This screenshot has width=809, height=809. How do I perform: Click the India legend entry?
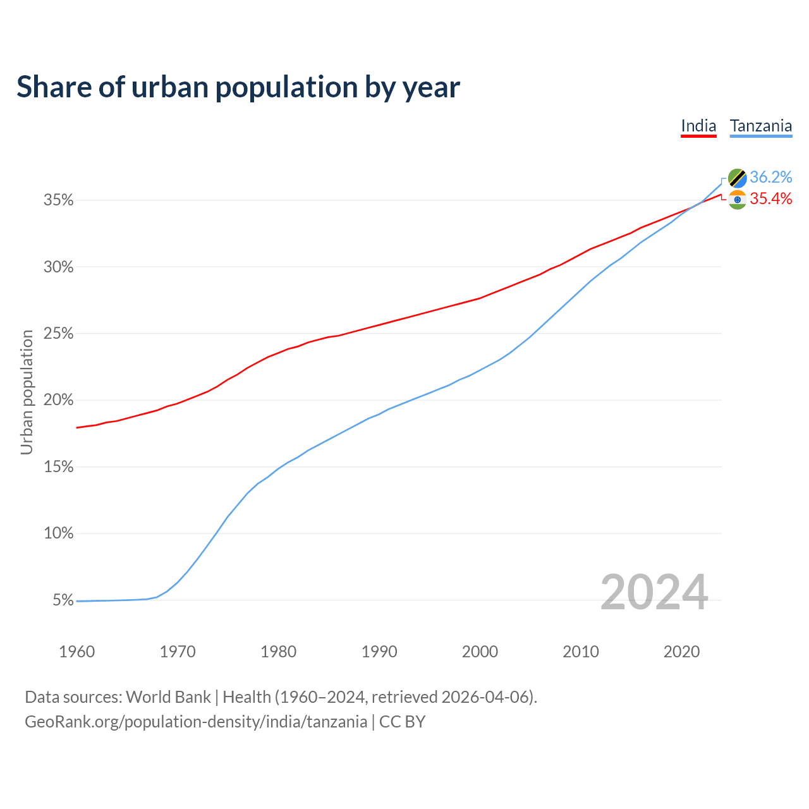pyautogui.click(x=698, y=126)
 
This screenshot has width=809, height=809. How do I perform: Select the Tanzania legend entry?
pyautogui.click(x=761, y=126)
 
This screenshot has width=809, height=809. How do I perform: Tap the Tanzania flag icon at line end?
pyautogui.click(x=738, y=178)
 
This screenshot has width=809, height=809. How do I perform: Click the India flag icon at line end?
pyautogui.click(x=738, y=200)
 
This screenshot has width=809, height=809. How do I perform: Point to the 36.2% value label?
pyautogui.click(x=771, y=177)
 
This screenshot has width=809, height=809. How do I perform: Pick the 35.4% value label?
pyautogui.click(x=771, y=199)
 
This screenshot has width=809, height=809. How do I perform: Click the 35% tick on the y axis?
pyautogui.click(x=59, y=200)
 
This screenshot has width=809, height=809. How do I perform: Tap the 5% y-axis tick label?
pyautogui.click(x=63, y=600)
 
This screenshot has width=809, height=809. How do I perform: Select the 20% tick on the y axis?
pyautogui.click(x=59, y=400)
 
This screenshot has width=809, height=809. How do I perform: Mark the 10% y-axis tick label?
pyautogui.click(x=59, y=533)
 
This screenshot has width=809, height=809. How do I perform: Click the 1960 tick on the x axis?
pyautogui.click(x=76, y=652)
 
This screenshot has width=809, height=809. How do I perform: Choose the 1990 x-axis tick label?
pyautogui.click(x=379, y=652)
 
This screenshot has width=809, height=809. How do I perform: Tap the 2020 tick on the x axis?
pyautogui.click(x=681, y=652)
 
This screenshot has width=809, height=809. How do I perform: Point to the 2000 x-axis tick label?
pyautogui.click(x=480, y=652)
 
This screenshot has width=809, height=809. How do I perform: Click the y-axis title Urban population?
pyautogui.click(x=27, y=392)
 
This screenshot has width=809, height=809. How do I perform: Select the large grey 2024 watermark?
pyautogui.click(x=654, y=593)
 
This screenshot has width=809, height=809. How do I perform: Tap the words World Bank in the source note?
pyautogui.click(x=168, y=697)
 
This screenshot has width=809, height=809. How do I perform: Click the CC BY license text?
pyautogui.click(x=403, y=722)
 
